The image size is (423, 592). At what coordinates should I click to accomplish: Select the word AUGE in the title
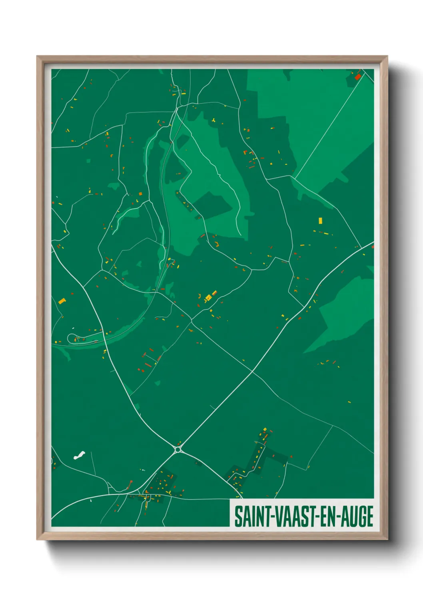[359, 516]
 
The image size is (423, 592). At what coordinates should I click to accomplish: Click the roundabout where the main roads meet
[178, 450]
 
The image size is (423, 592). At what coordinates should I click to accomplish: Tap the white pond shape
[79, 455]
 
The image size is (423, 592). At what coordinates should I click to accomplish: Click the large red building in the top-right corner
[358, 76]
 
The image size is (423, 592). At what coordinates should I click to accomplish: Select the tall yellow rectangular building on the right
[320, 220]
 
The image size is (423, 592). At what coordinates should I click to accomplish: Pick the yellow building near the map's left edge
[62, 301]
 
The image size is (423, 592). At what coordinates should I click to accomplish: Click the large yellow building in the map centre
[208, 298]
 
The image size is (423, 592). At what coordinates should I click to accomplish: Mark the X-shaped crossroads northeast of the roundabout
[253, 372]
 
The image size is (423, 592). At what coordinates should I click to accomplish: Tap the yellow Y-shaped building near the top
[214, 120]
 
